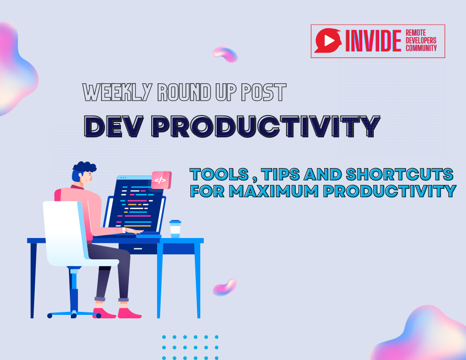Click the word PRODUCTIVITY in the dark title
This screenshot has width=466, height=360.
tap(266, 126)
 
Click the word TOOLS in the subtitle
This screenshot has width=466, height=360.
tap(219, 174)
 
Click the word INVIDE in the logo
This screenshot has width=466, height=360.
tap(373, 41)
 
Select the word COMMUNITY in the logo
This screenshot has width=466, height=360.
tap(421, 48)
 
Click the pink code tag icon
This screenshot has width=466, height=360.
tap(160, 180)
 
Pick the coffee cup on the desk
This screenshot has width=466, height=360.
tap(175, 229)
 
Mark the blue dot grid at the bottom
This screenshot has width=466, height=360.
tap(190, 347)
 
